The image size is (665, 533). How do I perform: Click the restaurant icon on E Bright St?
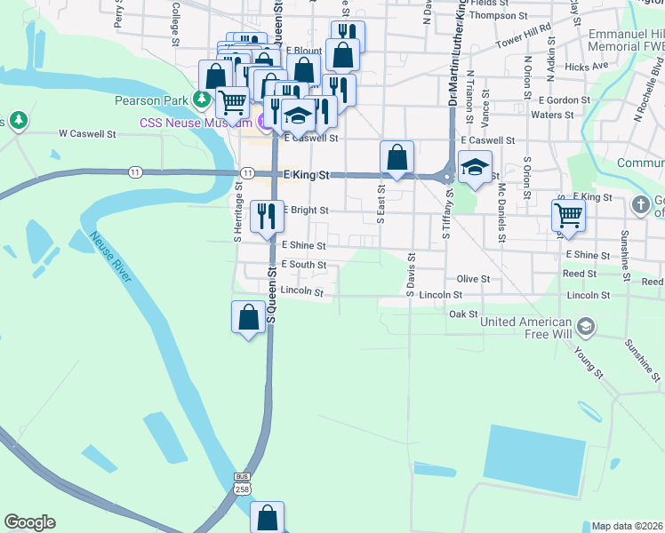coord(267,217)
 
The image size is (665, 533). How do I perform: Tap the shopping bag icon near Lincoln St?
coord(249,317)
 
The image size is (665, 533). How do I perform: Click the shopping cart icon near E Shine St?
coord(568,216)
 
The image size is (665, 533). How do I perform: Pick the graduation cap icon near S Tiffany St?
coord(475,167)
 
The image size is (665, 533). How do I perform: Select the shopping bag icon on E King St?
coord(397,158)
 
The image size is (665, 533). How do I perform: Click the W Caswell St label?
coord(88,134)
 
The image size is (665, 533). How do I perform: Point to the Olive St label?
coord(473,279)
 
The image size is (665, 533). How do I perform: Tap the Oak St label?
coord(463,314)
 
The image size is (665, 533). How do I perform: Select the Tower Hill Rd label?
coord(524,42)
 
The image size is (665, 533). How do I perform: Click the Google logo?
coord(29,522)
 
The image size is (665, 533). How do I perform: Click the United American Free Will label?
coord(526,327)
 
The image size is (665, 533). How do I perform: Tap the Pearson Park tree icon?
coord(203,99)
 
